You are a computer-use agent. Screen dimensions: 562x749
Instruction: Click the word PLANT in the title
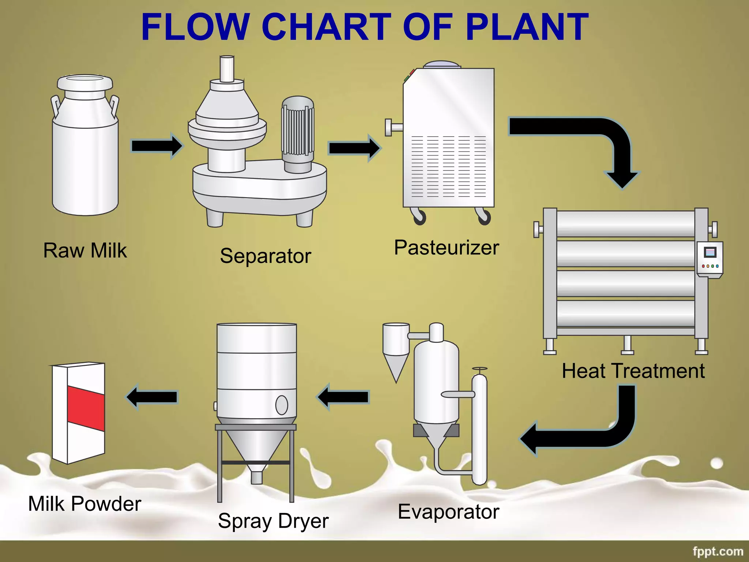(527, 27)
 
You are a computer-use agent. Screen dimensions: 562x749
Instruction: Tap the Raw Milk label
(85, 251)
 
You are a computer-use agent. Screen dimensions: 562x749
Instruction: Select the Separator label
(266, 256)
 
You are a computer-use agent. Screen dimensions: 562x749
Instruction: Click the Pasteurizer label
(446, 248)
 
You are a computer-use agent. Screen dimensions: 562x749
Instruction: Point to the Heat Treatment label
(633, 371)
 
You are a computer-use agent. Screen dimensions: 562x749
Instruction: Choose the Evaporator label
(448, 512)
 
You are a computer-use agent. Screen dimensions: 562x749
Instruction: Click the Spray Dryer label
(273, 521)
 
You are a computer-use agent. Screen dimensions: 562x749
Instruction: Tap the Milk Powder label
(84, 504)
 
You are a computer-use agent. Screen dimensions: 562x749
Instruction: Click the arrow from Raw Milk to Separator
(157, 146)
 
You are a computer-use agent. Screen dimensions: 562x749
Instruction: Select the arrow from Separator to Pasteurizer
(354, 148)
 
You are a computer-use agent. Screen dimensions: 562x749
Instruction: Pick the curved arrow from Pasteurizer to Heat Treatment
(600, 139)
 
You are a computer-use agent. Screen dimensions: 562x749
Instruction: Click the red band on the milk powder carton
(86, 408)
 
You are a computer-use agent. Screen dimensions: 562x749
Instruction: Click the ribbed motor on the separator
(298, 130)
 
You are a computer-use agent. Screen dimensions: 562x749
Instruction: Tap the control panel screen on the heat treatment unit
(710, 252)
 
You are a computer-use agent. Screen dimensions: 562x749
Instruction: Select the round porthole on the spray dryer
(281, 405)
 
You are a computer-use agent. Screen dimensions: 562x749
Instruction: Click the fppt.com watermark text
(718, 551)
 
